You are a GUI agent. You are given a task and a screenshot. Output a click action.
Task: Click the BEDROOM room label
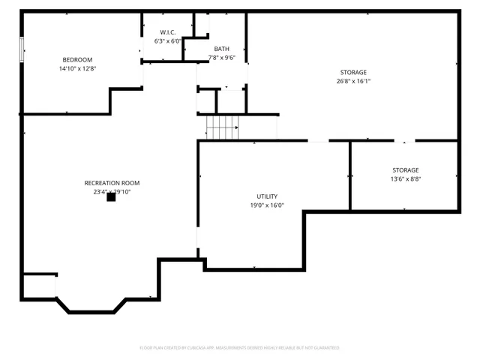pyautogui.click(x=77, y=60)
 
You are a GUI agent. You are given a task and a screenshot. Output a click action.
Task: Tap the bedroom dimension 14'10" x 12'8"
pyautogui.click(x=77, y=68)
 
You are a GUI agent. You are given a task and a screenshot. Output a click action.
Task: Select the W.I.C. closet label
pyautogui.click(x=167, y=32)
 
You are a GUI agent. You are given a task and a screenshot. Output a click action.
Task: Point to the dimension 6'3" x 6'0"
pyautogui.click(x=167, y=41)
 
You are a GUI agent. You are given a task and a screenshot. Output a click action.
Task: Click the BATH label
pyautogui.click(x=221, y=49)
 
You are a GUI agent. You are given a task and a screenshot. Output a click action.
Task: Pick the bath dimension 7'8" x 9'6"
pyautogui.click(x=221, y=58)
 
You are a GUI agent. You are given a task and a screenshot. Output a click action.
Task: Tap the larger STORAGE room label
pyautogui.click(x=353, y=73)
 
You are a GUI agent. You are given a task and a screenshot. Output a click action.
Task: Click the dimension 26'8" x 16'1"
pyautogui.click(x=353, y=81)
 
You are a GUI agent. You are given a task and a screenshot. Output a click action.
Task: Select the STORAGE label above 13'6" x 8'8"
pyautogui.click(x=405, y=170)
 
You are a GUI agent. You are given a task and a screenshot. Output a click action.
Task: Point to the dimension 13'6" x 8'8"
pyautogui.click(x=405, y=179)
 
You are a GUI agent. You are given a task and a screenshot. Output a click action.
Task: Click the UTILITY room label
pyautogui.click(x=267, y=196)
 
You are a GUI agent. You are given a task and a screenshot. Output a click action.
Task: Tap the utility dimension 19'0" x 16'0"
pyautogui.click(x=267, y=205)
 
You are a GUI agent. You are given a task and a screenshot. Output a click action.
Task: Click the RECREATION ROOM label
pyautogui.click(x=112, y=183)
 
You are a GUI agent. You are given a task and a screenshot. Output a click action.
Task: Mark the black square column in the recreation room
pyautogui.click(x=111, y=197)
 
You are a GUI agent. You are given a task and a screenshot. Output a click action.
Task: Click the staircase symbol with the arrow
pyautogui.click(x=222, y=127)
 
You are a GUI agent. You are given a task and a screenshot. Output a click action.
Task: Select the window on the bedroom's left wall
pyautogui.click(x=22, y=49)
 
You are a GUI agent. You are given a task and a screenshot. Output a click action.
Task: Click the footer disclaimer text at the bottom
pyautogui.click(x=240, y=348)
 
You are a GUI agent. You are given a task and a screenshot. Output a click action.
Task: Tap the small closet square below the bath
pyautogui.click(x=206, y=101)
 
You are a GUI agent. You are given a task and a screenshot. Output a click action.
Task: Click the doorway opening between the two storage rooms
pyautogui.click(x=404, y=140)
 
